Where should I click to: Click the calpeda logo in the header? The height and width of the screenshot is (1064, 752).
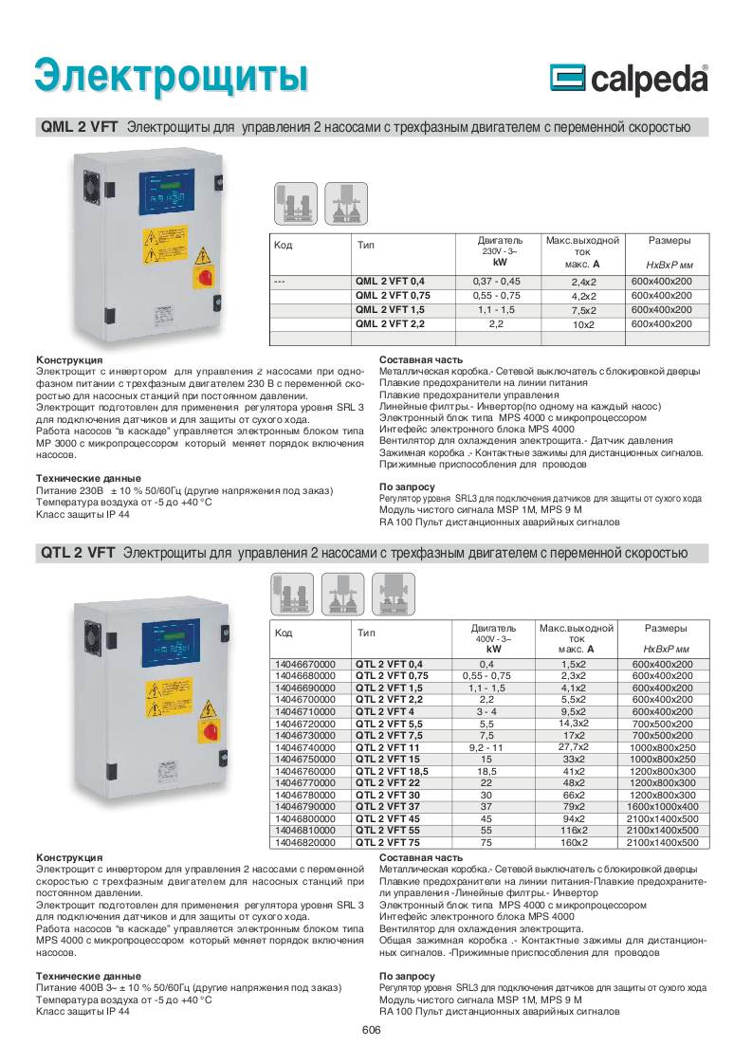629,80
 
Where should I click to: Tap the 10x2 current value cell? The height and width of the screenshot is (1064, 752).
582,324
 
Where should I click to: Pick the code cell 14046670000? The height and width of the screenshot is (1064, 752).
304,664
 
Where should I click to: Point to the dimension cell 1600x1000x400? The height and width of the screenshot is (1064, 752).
664,806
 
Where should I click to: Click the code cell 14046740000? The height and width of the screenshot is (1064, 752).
304,747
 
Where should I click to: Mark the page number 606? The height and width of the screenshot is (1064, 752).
371,1033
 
